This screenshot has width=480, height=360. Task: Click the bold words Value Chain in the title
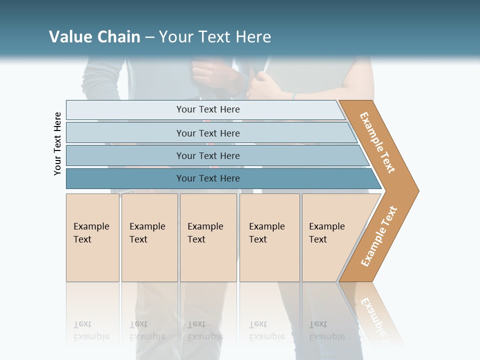point(94,37)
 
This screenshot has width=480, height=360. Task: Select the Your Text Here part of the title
point(215,37)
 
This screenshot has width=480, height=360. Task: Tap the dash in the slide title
point(149,37)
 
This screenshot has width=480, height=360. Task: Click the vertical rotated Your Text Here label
point(57,143)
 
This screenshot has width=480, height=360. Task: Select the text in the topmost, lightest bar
point(208,109)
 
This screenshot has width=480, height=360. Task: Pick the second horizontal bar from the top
point(208,133)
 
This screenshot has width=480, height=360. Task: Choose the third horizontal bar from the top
point(208,156)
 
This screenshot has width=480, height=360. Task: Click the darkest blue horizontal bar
point(208,178)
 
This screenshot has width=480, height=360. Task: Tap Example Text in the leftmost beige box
point(91,233)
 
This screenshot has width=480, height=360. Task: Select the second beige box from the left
point(148,237)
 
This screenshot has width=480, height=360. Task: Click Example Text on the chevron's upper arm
point(377,142)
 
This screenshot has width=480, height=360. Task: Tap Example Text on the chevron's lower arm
point(379,236)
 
